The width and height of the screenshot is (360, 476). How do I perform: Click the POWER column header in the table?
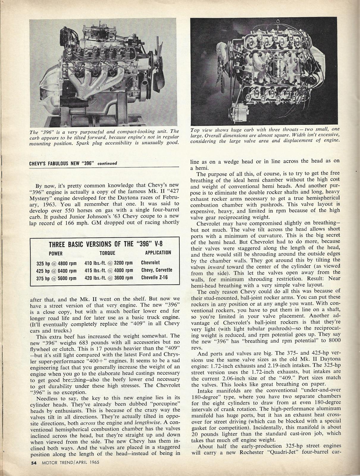coord(56,253)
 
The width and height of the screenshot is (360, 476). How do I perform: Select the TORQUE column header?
coord(107,253)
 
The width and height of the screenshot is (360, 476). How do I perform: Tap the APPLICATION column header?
coord(158,253)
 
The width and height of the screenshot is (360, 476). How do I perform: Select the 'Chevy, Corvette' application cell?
coord(156,270)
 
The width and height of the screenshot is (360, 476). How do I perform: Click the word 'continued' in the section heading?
coord(107,163)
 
